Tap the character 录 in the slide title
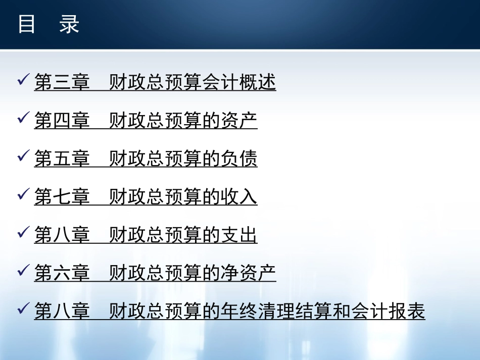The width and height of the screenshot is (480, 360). click(x=69, y=24)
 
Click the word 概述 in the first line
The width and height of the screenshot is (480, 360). click(x=258, y=82)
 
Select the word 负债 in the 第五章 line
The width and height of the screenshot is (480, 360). click(x=239, y=159)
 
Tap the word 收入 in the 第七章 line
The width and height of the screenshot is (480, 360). click(x=239, y=197)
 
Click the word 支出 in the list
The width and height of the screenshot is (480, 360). click(x=239, y=235)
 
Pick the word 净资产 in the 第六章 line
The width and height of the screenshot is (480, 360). click(x=248, y=273)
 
